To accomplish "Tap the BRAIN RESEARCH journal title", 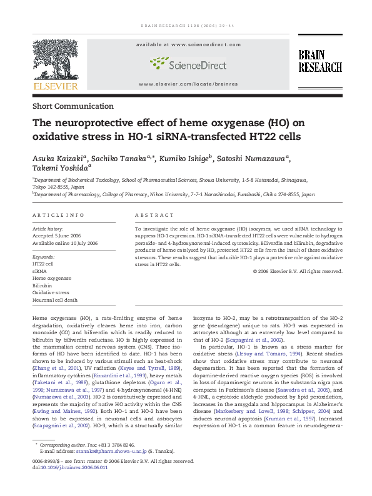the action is (x=319, y=61).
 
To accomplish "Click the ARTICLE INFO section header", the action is (x=59, y=216).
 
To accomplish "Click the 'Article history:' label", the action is (x=47, y=229).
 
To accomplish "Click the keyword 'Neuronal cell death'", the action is (x=55, y=300).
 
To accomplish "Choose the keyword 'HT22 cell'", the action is (x=43, y=264).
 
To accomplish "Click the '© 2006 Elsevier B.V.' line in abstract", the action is (x=298, y=271).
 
